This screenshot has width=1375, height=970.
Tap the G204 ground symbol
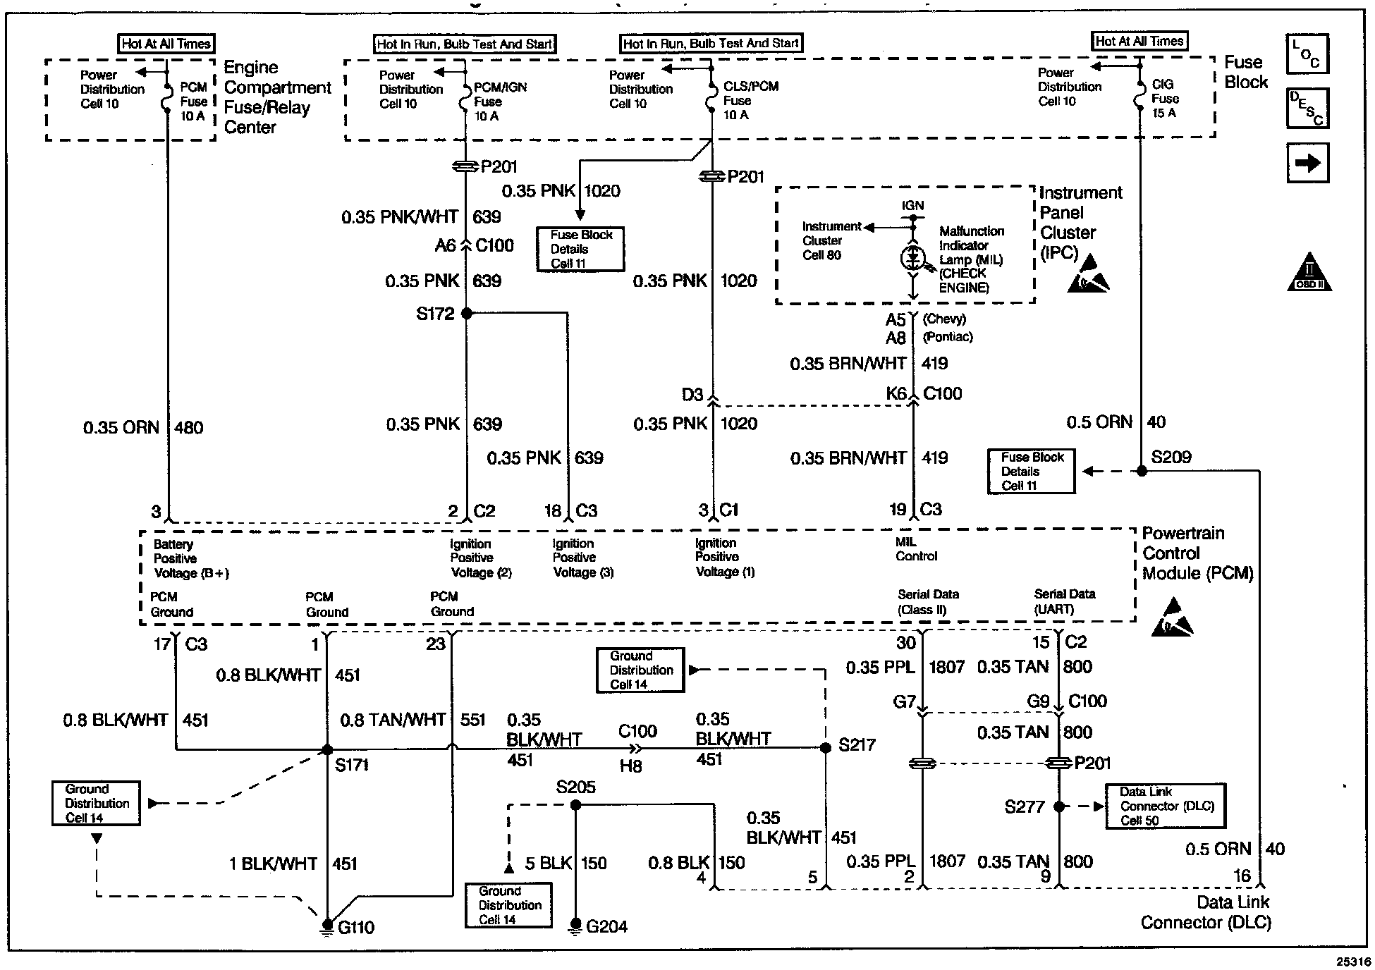coord(575,925)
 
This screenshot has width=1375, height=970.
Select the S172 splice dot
coord(466,313)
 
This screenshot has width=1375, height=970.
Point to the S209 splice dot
coord(1141,470)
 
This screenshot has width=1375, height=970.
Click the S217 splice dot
coord(826,748)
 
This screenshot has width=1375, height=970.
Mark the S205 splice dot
coord(575,805)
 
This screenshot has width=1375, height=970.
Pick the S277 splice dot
coord(1058,806)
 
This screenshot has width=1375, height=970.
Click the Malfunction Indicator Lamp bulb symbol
coord(912,259)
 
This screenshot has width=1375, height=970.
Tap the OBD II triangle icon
coord(1309,273)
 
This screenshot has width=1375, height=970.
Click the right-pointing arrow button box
coord(1308,163)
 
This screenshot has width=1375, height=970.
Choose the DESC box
coord(1307,108)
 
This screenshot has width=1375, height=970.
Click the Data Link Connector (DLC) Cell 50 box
coord(1165,806)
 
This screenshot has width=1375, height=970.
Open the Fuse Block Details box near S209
coord(1031,471)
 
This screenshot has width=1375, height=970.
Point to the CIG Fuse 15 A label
coord(1165,98)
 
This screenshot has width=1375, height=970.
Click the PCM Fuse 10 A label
coord(193,101)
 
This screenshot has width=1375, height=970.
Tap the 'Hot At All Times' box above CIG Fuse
coord(1139,42)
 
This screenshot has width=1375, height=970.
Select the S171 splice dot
coord(327,749)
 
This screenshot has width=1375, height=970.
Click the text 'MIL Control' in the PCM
coord(916,549)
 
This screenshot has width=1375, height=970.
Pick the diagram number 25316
coord(1353,961)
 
